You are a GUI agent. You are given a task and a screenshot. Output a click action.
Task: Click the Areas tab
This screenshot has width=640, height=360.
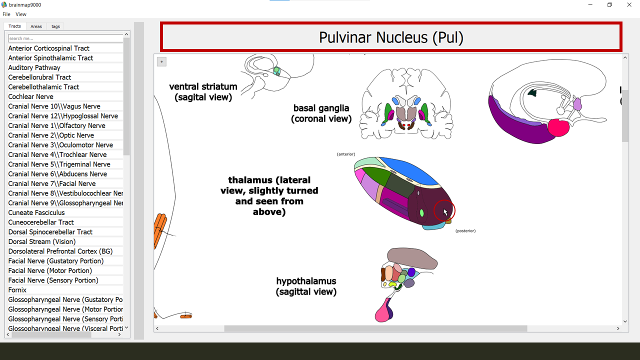(36, 26)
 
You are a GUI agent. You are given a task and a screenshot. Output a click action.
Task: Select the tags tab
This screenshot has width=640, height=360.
(55, 26)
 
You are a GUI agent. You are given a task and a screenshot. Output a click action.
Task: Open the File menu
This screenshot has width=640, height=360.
(6, 14)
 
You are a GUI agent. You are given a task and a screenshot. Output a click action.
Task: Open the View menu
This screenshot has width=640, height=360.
(21, 14)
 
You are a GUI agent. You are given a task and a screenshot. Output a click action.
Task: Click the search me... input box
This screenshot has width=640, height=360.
(65, 38)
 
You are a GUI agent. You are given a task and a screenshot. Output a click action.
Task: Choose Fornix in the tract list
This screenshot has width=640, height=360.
(17, 290)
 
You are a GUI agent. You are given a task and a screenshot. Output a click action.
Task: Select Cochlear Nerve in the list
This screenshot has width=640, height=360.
(30, 96)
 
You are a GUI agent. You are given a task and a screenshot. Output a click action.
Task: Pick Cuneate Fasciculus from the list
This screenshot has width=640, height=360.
(36, 212)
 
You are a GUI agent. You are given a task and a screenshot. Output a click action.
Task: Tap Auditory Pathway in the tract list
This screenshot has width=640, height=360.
(34, 67)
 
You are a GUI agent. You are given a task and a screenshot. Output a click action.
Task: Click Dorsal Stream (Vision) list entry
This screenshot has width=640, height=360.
(42, 241)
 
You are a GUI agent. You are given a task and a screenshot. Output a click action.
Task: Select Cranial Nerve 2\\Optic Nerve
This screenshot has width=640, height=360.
(51, 135)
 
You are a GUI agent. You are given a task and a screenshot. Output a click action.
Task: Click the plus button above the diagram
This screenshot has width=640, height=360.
(161, 61)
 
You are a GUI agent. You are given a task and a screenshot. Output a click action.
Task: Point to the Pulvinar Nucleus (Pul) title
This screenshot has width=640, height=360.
(391, 37)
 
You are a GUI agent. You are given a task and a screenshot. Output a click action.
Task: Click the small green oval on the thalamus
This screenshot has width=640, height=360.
(422, 213)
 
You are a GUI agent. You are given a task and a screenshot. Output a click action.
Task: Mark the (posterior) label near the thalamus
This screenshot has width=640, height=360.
(465, 231)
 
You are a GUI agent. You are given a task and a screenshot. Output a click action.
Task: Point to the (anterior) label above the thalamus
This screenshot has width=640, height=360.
(346, 154)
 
